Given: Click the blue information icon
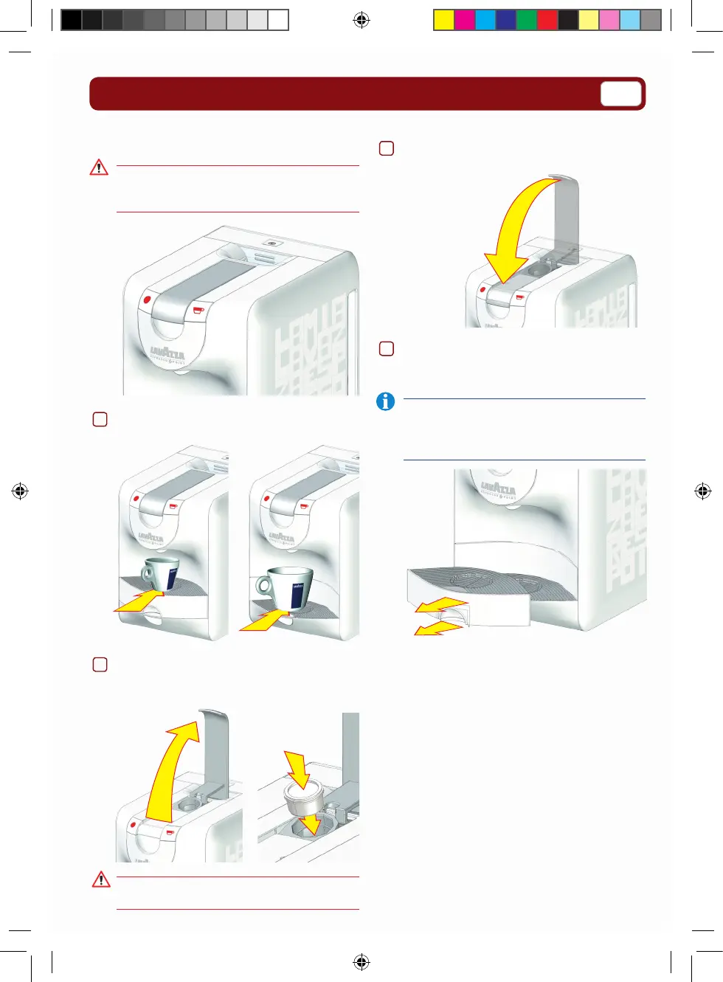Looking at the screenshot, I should click(385, 401).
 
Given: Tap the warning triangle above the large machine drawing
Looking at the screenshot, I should click(99, 168).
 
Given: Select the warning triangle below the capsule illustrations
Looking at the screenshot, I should click(101, 879).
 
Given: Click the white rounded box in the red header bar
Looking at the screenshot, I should click(620, 94).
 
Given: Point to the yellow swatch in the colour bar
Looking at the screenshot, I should click(443, 20).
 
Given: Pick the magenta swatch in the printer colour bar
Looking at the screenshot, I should click(464, 20).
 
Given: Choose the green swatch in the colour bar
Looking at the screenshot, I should click(526, 20).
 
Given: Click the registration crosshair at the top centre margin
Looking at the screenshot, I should click(361, 20).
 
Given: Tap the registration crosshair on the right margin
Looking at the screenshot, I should click(702, 491).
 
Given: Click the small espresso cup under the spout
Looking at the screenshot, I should click(160, 574).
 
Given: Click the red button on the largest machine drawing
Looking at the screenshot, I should click(148, 300).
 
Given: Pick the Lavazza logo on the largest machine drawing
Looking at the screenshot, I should click(167, 352).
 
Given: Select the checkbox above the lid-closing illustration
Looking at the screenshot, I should click(386, 148).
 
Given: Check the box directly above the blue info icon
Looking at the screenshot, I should click(386, 348).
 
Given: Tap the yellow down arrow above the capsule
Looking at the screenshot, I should click(298, 769).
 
